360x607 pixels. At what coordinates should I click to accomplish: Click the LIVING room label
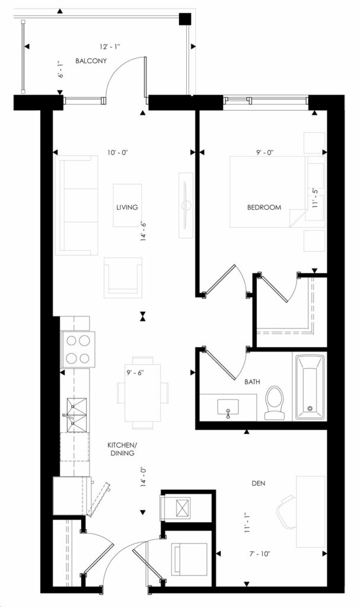pyautogui.click(x=127, y=207)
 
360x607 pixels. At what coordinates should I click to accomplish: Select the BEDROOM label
pyautogui.click(x=264, y=207)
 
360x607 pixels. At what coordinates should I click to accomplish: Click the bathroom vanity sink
pyautogui.click(x=228, y=407)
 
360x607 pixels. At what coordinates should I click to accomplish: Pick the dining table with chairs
pyautogui.click(x=142, y=392)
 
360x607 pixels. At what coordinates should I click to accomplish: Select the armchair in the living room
pyautogui.click(x=123, y=277)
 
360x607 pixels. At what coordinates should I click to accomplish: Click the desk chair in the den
pyautogui.click(x=289, y=511)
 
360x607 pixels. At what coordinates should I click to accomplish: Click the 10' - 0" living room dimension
pyautogui.click(x=118, y=152)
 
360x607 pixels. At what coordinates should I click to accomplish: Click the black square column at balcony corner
pyautogui.click(x=186, y=19)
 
